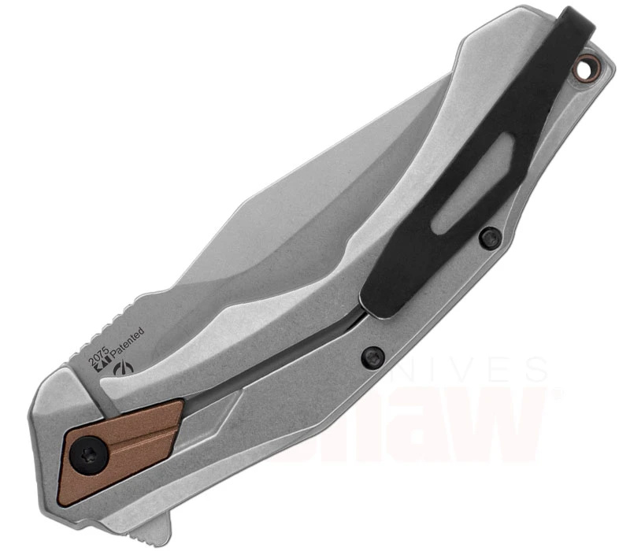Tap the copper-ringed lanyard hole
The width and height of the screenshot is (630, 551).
pos(584,70)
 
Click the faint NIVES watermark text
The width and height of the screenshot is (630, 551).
pos(480,370)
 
